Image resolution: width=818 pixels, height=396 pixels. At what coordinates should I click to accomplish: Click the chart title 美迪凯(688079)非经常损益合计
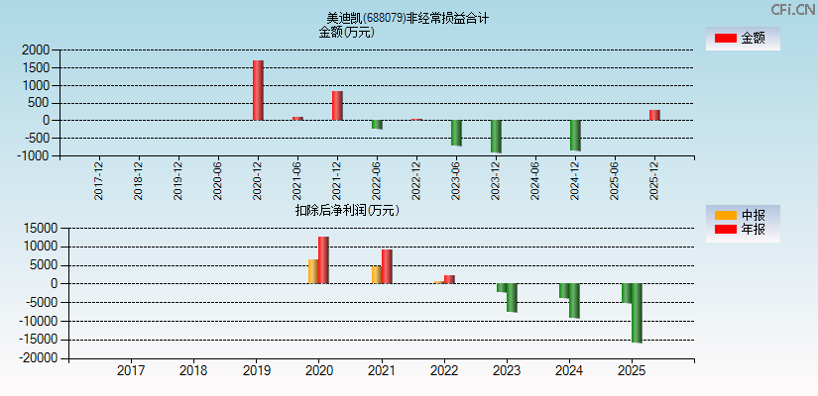(408, 18)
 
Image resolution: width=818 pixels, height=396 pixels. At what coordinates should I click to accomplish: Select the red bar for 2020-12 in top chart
(258, 90)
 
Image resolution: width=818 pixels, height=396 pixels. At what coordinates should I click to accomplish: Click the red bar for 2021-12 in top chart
(337, 105)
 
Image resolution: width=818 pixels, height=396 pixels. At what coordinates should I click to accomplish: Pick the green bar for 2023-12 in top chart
(496, 136)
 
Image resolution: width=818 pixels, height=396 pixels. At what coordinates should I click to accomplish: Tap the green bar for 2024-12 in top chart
(575, 135)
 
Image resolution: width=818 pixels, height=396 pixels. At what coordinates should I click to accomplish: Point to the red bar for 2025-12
(654, 115)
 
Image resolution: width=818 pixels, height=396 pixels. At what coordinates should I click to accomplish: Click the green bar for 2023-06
(456, 133)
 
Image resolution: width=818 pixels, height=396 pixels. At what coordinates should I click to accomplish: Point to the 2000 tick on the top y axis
(35, 49)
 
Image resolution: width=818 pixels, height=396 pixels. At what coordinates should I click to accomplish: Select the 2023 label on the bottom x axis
(507, 371)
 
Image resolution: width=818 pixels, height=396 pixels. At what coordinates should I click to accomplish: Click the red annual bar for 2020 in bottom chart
(323, 259)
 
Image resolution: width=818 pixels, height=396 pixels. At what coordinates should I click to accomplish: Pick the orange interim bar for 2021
(377, 274)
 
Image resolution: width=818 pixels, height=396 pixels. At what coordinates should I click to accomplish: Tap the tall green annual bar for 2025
(637, 313)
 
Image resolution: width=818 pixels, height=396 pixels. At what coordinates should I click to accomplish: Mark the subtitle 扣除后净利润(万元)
(346, 210)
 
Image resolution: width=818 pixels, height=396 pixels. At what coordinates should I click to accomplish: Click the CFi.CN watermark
(792, 9)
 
